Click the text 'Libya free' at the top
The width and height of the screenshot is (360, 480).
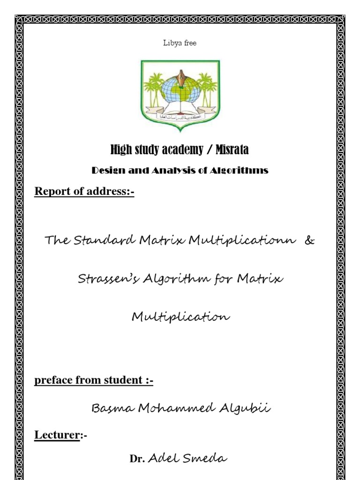pyautogui.click(x=180, y=43)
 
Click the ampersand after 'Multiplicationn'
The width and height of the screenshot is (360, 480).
pyautogui.click(x=309, y=241)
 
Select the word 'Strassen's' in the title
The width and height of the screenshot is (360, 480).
pyautogui.click(x=104, y=280)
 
